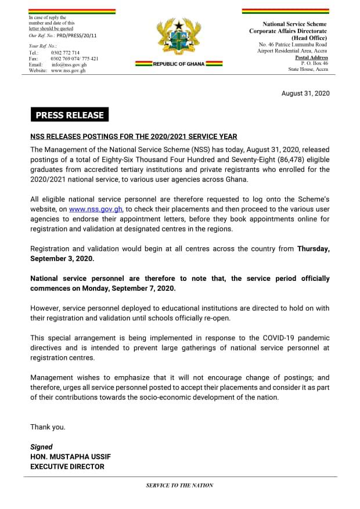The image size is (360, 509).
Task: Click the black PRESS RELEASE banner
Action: [70, 114]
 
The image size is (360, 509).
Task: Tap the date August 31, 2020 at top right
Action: [305, 93]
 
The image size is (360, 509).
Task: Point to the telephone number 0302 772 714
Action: [65, 53]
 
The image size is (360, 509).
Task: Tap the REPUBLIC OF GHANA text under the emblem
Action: [179, 64]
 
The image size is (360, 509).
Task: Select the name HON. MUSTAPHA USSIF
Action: [67, 457]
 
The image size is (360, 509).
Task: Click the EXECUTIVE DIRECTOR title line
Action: [67, 467]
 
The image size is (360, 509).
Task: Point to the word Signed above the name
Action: [41, 447]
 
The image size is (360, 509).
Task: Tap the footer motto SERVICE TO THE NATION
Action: [179, 485]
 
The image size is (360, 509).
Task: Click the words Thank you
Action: [48, 427]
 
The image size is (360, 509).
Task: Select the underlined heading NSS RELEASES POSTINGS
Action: [134, 137]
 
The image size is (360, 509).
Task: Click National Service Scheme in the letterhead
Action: [294, 24]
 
